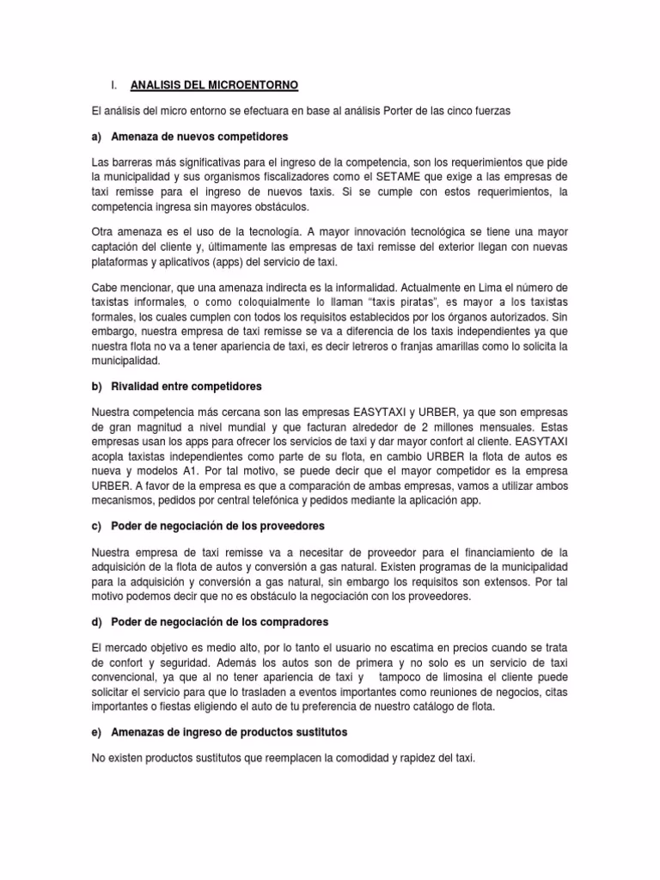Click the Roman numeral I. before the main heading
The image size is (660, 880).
pos(113,86)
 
